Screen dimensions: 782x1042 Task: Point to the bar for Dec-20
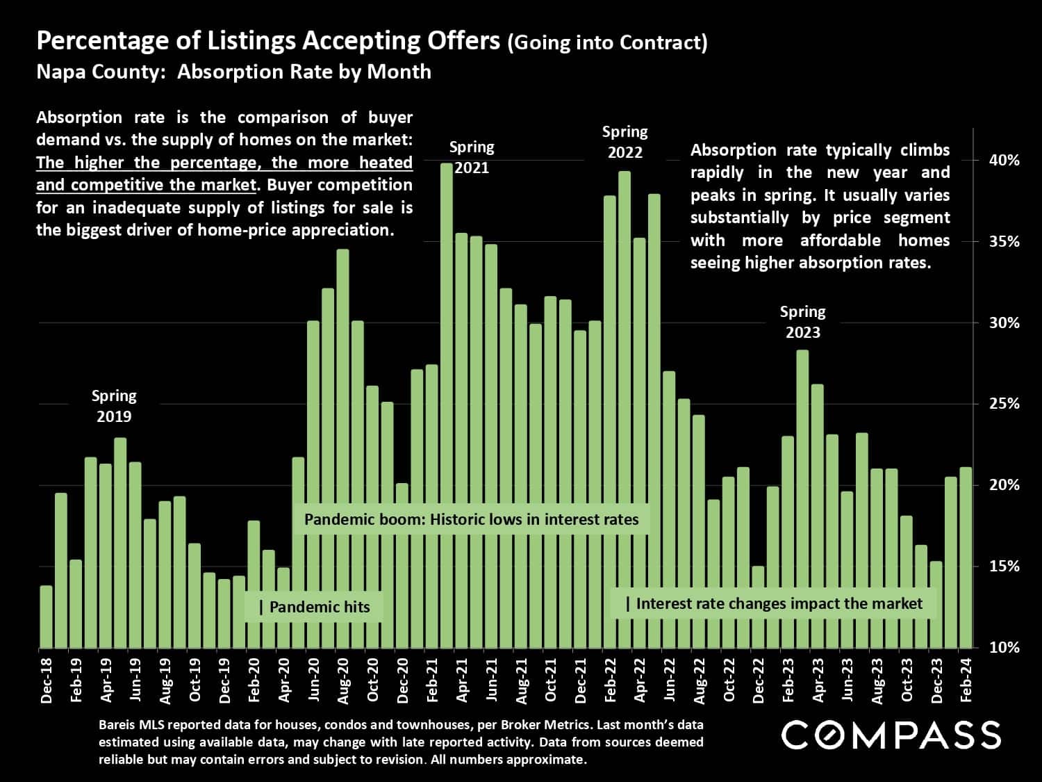[402, 566]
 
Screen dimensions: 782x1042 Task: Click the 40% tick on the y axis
[1004, 161]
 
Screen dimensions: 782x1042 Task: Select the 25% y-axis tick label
[1004, 404]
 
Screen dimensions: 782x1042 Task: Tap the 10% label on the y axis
[1004, 647]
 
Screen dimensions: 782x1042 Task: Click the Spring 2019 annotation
[114, 406]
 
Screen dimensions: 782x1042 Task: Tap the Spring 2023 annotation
[802, 322]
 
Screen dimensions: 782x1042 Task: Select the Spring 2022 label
[625, 142]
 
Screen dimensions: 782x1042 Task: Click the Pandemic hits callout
[314, 607]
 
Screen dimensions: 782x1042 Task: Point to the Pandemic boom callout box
[471, 519]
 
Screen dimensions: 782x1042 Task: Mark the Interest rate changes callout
[773, 603]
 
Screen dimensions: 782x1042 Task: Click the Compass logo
[891, 735]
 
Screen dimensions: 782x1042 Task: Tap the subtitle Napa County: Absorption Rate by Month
[233, 72]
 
